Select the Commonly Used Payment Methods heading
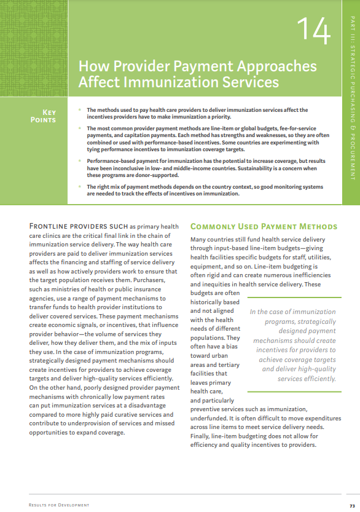pyautogui.click(x=264, y=227)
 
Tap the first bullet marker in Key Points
pyautogui.click(x=79, y=109)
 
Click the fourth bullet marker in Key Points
pyautogui.click(x=79, y=186)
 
